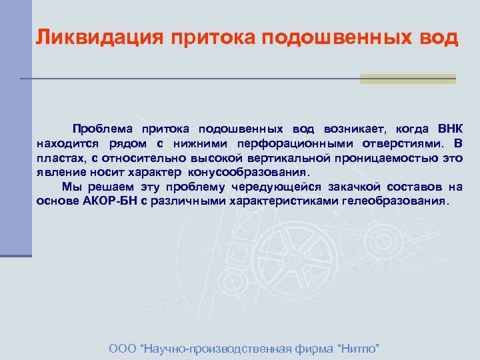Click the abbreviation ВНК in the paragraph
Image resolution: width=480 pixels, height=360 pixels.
click(x=448, y=129)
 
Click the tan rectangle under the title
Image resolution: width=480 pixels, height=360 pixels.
click(x=407, y=79)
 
